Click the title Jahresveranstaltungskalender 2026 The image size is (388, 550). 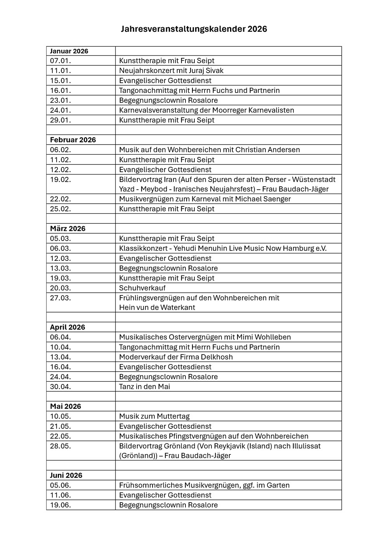pyautogui.click(x=194, y=29)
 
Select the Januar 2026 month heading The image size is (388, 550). pyautogui.click(x=69, y=51)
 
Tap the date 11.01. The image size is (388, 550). pyautogui.click(x=61, y=71)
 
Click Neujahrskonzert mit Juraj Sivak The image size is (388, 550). pyautogui.click(x=171, y=71)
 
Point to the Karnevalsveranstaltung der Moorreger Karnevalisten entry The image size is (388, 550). pyautogui.click(x=206, y=110)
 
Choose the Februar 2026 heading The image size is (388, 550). pyautogui.click(x=73, y=140)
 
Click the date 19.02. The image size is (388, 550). pyautogui.click(x=61, y=179)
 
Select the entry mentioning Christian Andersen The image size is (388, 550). pyautogui.click(x=209, y=150)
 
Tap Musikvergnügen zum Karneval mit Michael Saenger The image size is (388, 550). pyautogui.click(x=205, y=199)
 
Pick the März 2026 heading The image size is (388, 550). pyautogui.click(x=68, y=229)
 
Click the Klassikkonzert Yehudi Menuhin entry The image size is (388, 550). pyautogui.click(x=223, y=248)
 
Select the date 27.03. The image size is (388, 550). pyautogui.click(x=61, y=298)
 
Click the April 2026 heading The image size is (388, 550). pyautogui.click(x=68, y=327)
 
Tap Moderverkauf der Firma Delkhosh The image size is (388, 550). pyautogui.click(x=176, y=357)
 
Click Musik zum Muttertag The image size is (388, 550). pyautogui.click(x=154, y=416)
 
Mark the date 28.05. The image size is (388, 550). pyautogui.click(x=61, y=446)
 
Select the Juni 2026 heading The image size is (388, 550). pyautogui.click(x=66, y=475)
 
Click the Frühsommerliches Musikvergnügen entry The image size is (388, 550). pyautogui.click(x=204, y=485)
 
